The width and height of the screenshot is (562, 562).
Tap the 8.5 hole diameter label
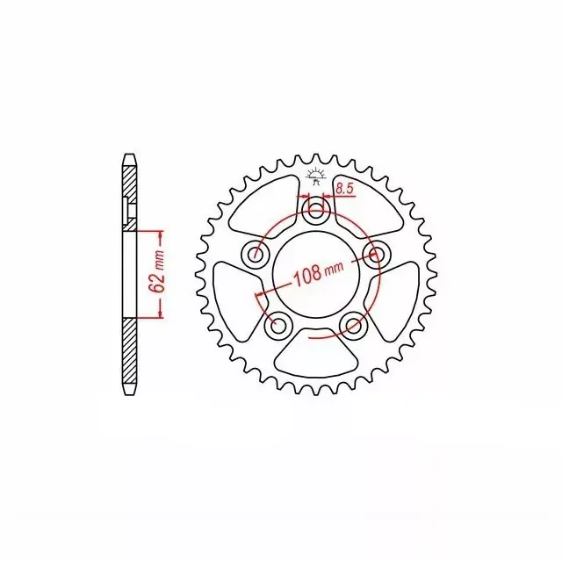tap(345, 190)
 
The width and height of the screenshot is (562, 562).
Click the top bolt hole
tap(315, 209)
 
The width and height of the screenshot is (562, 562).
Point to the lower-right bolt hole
tap(353, 324)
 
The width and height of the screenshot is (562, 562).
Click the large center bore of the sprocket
tap(315, 274)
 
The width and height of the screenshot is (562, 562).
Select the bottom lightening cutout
tap(315, 353)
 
